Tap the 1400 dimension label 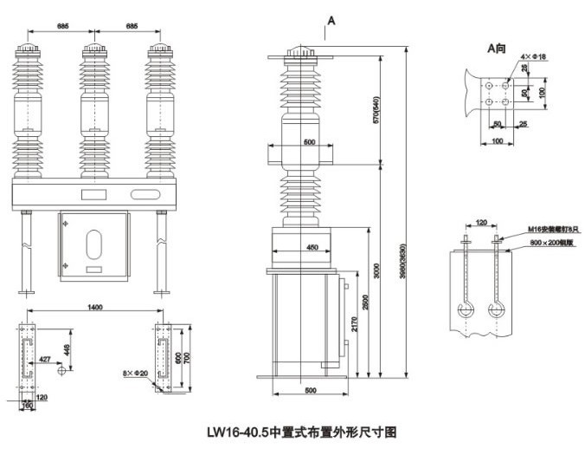point(95,308)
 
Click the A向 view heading point(498,49)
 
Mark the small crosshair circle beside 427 point(61,370)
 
